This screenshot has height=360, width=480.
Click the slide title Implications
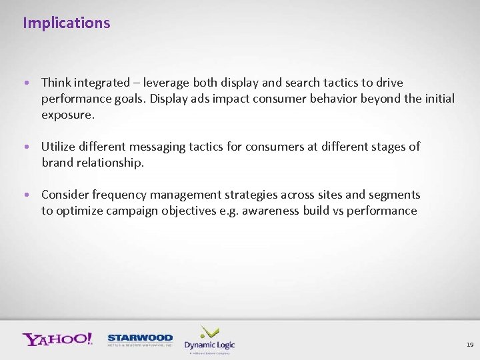pyautogui.click(x=66, y=23)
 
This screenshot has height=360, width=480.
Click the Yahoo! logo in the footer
pyautogui.click(x=57, y=339)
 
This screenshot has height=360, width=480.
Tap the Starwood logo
pyautogui.click(x=140, y=340)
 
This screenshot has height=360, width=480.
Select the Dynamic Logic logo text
pyautogui.click(x=209, y=345)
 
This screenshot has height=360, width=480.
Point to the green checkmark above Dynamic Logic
pyautogui.click(x=210, y=331)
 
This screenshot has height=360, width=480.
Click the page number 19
pyautogui.click(x=469, y=345)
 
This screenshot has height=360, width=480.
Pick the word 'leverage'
pyautogui.click(x=167, y=83)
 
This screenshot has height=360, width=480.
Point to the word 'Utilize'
pyautogui.click(x=59, y=147)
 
